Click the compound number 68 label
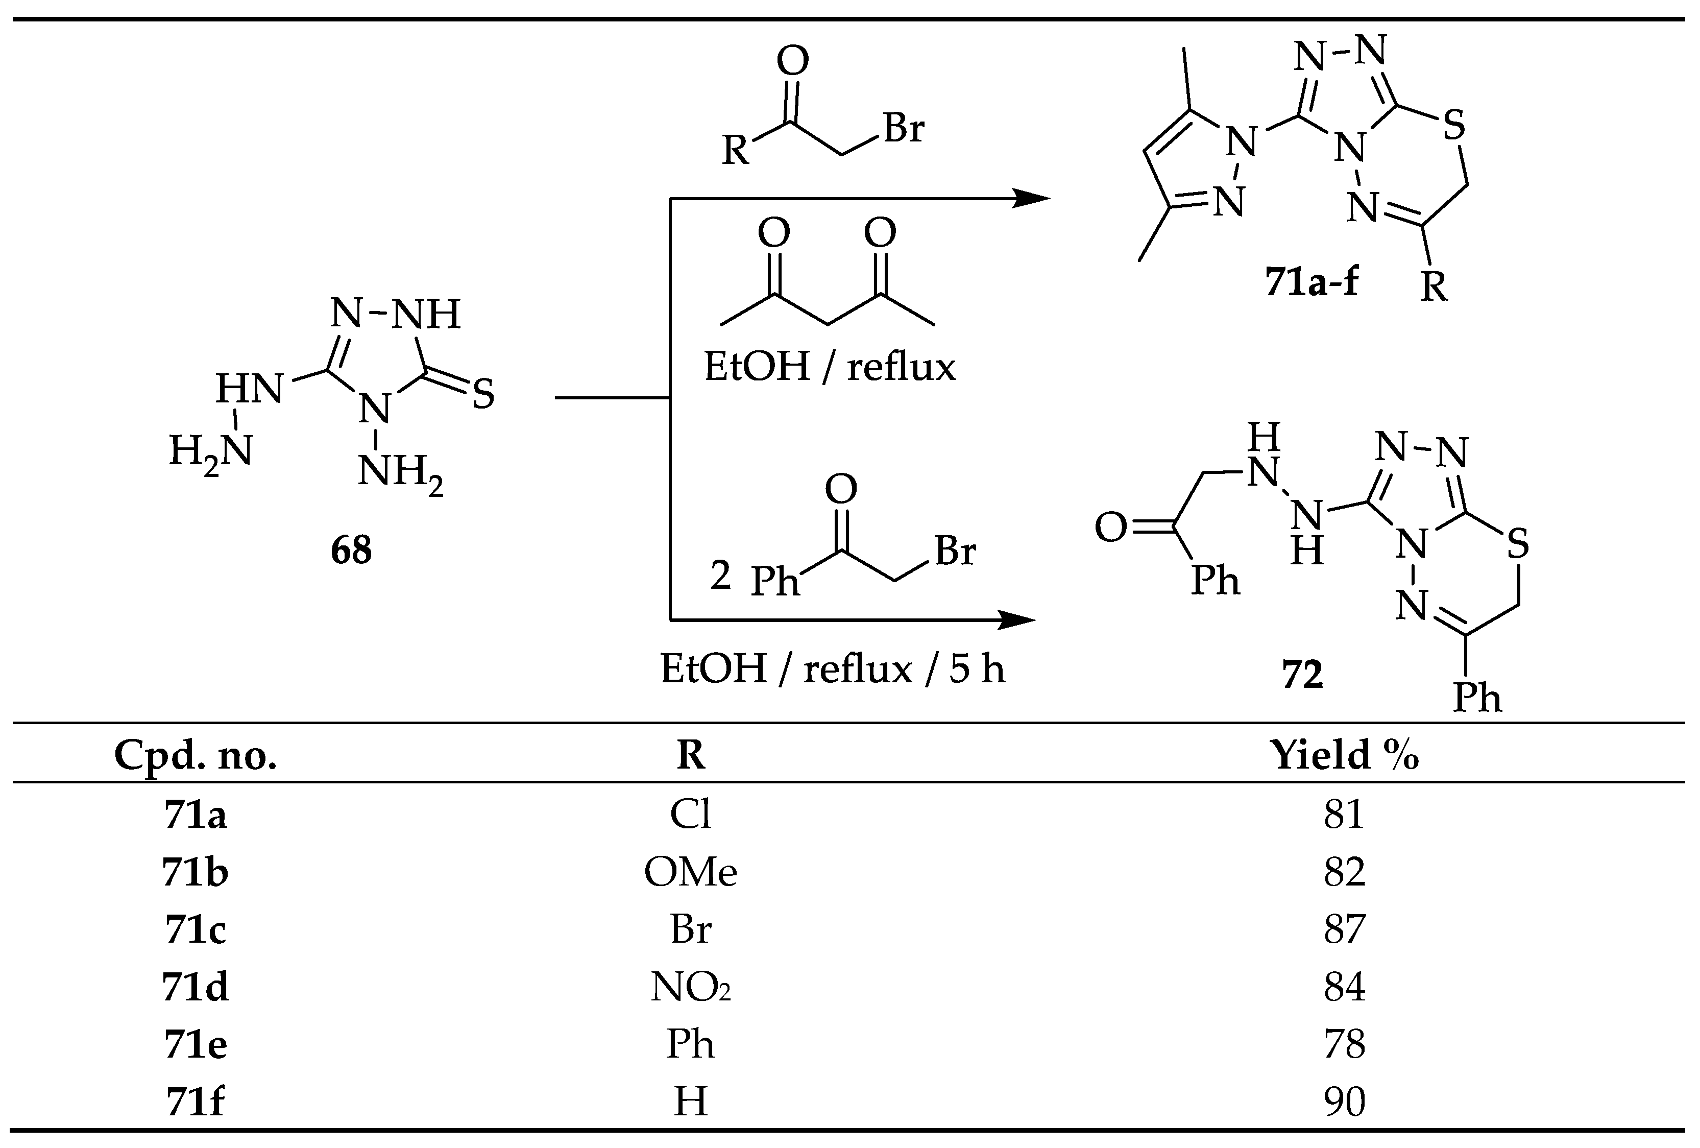tap(351, 549)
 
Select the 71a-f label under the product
tap(1311, 281)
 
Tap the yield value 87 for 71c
tap(1344, 929)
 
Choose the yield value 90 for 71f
tap(1344, 1101)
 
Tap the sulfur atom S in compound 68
tap(483, 394)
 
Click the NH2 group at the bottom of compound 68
tap(400, 473)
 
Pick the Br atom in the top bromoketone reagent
tap(904, 128)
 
